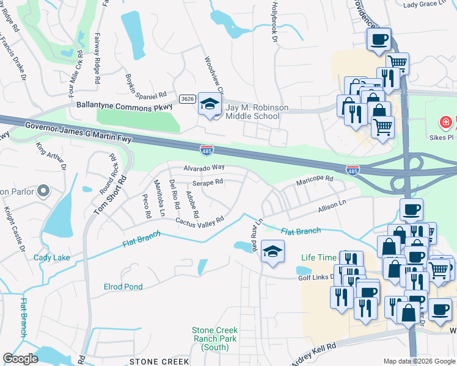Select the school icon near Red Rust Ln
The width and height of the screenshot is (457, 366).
pos(272,250)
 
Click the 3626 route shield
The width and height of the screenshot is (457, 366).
pos(188,99)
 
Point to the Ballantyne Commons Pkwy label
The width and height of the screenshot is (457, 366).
pos(124,106)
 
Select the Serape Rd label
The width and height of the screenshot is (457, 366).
pos(208,182)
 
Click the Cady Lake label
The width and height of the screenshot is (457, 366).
pos(52,257)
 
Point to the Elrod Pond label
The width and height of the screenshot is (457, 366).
pos(123,287)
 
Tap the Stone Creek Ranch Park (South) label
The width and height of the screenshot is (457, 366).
pos(214,334)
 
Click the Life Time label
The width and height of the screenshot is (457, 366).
pos(319,257)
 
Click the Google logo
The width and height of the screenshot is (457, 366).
pos(20,359)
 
